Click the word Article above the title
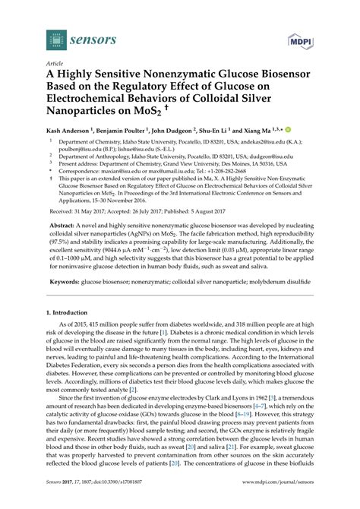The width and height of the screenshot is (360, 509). pyautogui.click(x=55, y=65)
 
